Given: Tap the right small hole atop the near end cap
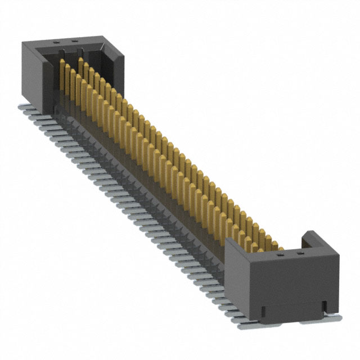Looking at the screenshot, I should tap(299, 254).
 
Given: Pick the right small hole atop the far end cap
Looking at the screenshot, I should tap(74, 41).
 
